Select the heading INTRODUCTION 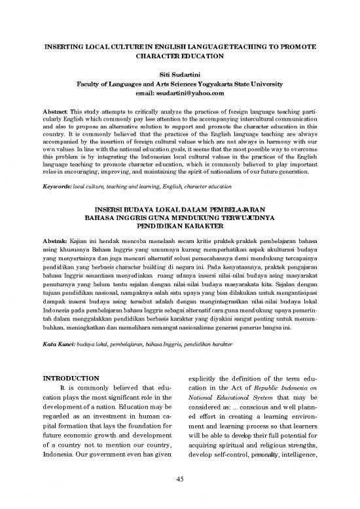71,378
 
